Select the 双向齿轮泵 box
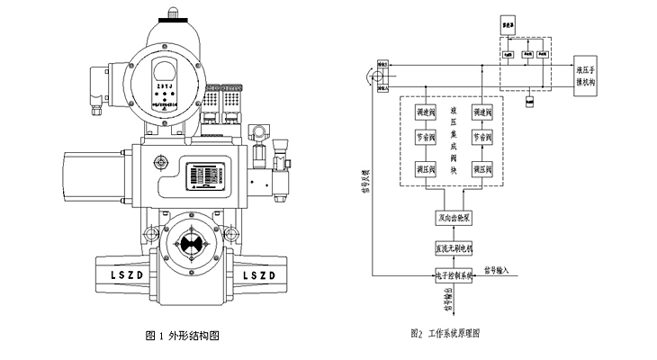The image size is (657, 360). pos(448,219)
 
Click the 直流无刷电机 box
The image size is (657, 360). pos(448,247)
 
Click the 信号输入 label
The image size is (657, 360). pos(502,268)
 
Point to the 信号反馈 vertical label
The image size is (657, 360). pos(365,184)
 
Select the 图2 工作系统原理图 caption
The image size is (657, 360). pos(445,333)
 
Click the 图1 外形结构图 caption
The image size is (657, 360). pos(182,335)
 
